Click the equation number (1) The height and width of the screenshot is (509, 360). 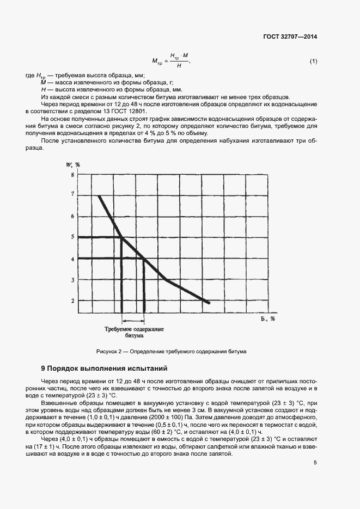(313, 61)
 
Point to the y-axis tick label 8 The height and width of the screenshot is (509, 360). (72, 175)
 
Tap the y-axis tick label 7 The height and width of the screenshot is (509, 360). (72, 194)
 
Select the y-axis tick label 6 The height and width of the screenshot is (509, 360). (72, 216)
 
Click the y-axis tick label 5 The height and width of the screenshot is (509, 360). (72, 237)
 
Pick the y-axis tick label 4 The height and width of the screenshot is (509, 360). (72, 259)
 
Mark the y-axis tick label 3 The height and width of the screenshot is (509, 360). (72, 280)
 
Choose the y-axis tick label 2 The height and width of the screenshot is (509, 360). (72, 301)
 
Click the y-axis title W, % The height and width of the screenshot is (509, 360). (74, 164)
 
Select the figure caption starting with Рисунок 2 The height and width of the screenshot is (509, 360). (171, 351)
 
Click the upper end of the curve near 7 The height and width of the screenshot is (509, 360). (99, 195)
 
